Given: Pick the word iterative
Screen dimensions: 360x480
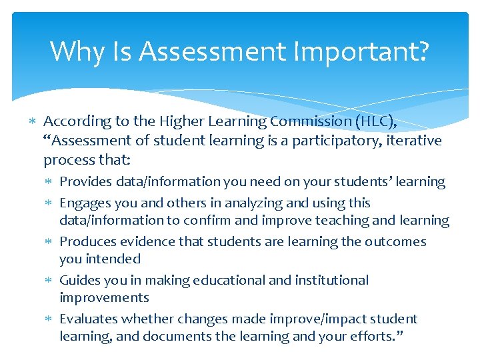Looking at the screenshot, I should (x=413, y=141).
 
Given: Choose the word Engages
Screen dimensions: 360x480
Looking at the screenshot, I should (x=84, y=203).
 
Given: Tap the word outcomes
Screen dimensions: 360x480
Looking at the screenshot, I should (x=395, y=241).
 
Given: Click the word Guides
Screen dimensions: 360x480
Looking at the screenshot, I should (x=79, y=280).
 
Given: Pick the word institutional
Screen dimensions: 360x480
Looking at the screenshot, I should (x=329, y=280).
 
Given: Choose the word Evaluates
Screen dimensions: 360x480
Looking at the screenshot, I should (x=88, y=319).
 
